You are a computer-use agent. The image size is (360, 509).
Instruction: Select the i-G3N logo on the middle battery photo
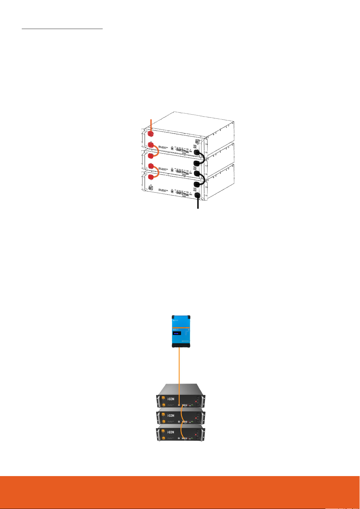tap(171, 416)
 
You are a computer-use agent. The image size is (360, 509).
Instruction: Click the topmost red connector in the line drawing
tap(150, 133)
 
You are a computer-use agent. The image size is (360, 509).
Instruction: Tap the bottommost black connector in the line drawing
tap(198, 195)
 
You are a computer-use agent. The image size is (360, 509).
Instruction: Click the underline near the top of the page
tap(62, 29)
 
